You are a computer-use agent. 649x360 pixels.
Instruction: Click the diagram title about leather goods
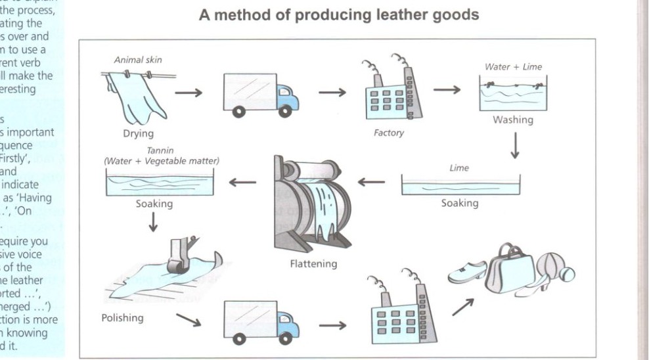tap(339, 14)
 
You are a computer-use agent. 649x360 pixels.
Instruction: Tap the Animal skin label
tap(138, 60)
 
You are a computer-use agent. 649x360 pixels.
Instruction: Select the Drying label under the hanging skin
tap(138, 134)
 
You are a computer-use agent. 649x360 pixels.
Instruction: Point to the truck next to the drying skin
tap(261, 93)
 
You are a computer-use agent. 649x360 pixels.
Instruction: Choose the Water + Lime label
tap(513, 66)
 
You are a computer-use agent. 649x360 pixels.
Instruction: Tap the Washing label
tap(513, 120)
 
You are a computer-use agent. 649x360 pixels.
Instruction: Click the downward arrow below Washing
tap(514, 146)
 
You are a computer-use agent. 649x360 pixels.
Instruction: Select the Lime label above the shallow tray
tap(460, 168)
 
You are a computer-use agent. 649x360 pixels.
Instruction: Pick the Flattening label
tap(313, 264)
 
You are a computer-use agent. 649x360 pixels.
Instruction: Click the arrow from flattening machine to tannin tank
tap(242, 181)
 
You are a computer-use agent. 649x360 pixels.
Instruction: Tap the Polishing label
tap(122, 318)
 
